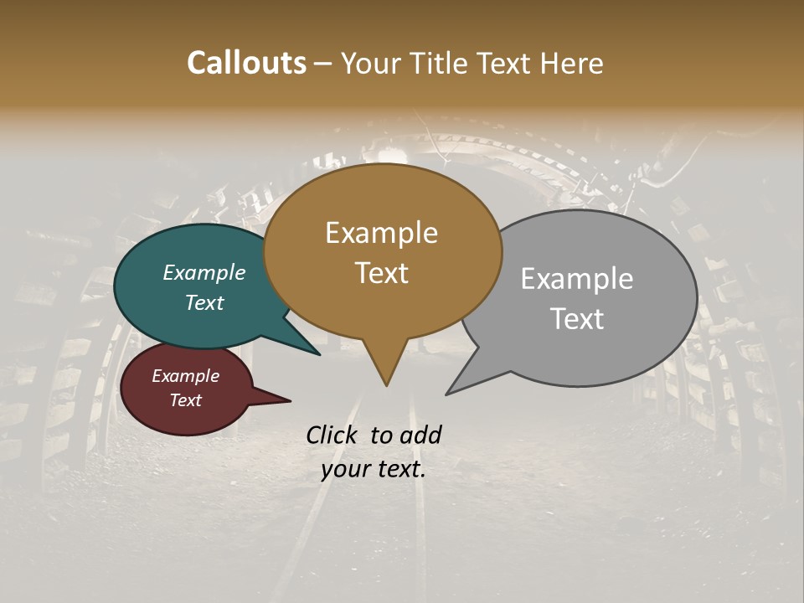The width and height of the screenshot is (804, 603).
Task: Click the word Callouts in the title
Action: coord(246,63)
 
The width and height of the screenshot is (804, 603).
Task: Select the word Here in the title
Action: coord(572,63)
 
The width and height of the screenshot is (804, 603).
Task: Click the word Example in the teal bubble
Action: coord(204,273)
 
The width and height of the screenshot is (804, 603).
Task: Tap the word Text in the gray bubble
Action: coord(577,319)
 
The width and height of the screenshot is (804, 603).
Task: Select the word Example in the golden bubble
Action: coord(381,233)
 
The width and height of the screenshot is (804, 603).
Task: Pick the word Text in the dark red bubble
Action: coord(186,400)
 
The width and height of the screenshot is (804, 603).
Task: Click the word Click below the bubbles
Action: coord(332,435)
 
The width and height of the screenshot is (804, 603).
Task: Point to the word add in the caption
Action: coord(420,435)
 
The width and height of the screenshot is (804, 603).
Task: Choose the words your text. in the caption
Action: coord(374,469)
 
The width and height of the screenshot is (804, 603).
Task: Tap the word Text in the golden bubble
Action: coord(381,273)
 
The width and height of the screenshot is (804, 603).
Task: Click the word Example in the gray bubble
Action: coord(577,279)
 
